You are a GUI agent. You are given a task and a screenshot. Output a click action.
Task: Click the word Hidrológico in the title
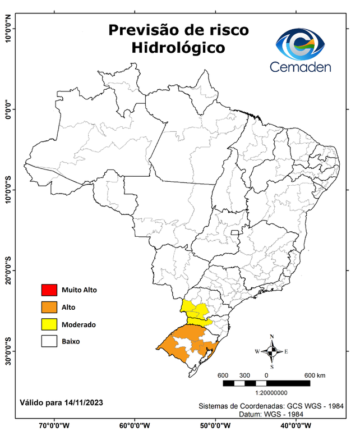pyautogui.click(x=178, y=48)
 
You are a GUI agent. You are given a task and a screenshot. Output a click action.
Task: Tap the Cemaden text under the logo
pyautogui.click(x=301, y=67)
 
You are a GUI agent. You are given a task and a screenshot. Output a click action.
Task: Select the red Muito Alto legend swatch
pyautogui.click(x=49, y=290)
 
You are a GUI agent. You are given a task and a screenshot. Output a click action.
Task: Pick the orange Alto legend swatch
pyautogui.click(x=49, y=307)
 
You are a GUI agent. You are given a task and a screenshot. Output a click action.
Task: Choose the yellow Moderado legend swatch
pyautogui.click(x=49, y=324)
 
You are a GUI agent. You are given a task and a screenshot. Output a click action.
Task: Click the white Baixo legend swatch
pyautogui.click(x=49, y=341)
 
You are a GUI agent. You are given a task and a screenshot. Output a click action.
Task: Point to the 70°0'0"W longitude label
pyautogui.click(x=54, y=425)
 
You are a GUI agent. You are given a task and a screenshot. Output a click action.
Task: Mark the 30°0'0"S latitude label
pyautogui.click(x=8, y=351)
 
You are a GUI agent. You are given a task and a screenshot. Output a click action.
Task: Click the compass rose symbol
pyautogui.click(x=271, y=351)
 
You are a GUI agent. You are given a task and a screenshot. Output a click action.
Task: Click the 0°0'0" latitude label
pyautogui.click(x=8, y=109)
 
